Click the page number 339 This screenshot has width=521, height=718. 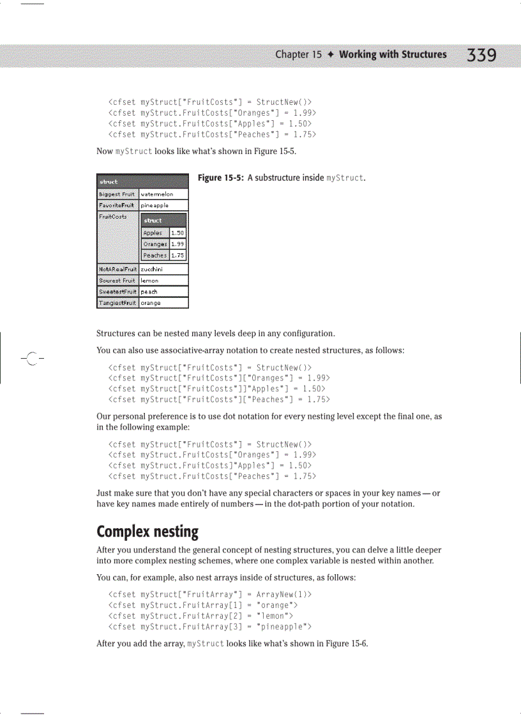click(481, 56)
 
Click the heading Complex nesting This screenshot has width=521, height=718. click(147, 531)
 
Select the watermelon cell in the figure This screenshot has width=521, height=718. click(157, 194)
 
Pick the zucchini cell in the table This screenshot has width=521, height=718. click(151, 269)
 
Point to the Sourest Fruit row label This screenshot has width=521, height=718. click(117, 280)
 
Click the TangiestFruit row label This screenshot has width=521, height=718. click(117, 303)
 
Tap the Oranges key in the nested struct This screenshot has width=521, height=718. click(155, 244)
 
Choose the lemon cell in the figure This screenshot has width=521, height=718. click(149, 280)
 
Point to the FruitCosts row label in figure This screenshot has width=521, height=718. click(112, 217)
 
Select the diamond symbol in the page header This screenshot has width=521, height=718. click(331, 54)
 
